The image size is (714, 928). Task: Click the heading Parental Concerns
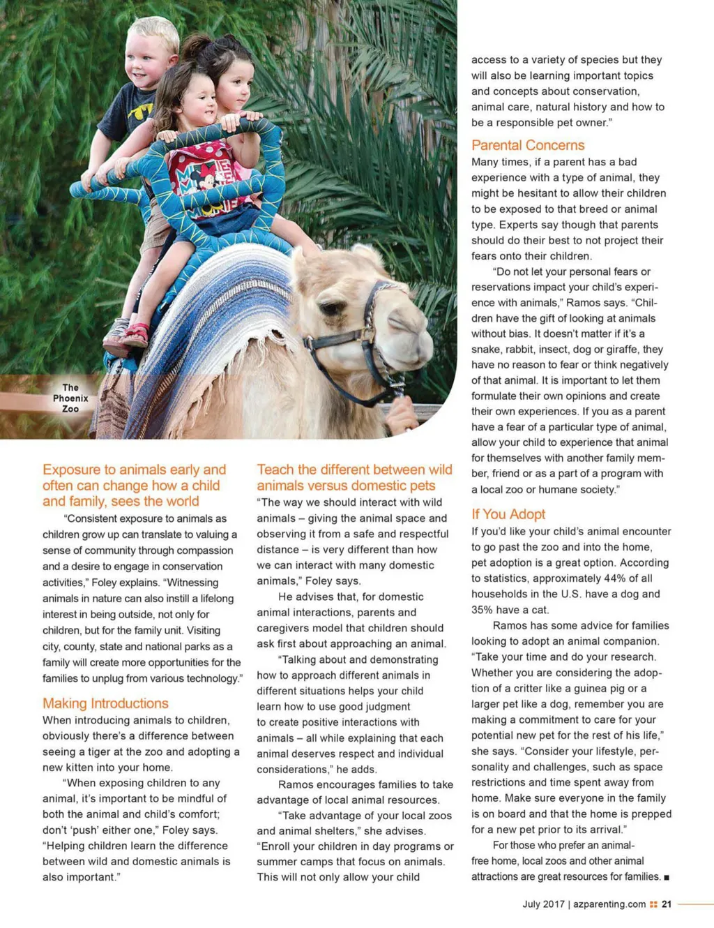click(528, 145)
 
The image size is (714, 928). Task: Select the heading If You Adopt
click(508, 514)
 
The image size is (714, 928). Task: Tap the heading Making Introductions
click(105, 703)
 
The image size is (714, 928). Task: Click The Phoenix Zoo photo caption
click(70, 398)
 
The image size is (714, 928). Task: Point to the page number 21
click(667, 904)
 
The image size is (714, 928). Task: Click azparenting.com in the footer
click(609, 904)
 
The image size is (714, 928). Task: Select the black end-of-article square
click(667, 877)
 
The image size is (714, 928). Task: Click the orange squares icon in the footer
click(653, 904)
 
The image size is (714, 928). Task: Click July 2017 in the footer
click(543, 904)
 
